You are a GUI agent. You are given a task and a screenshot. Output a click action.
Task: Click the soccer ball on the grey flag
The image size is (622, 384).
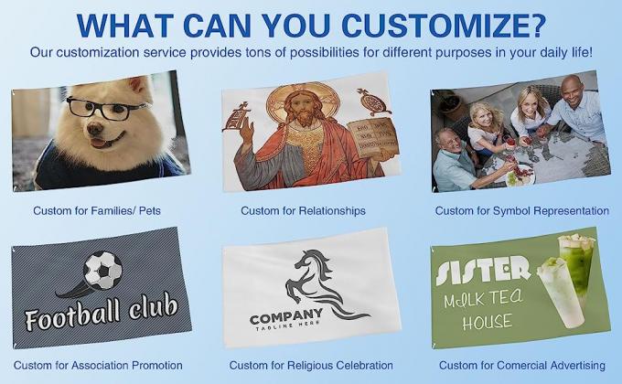102,270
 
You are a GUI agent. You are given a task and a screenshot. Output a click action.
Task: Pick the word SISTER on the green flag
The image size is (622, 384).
483,268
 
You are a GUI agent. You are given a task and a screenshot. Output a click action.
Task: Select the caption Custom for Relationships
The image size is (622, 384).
303,210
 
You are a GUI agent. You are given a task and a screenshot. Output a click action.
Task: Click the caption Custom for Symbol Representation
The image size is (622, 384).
521,210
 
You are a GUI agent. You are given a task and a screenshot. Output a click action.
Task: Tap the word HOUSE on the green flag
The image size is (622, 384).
488,322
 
